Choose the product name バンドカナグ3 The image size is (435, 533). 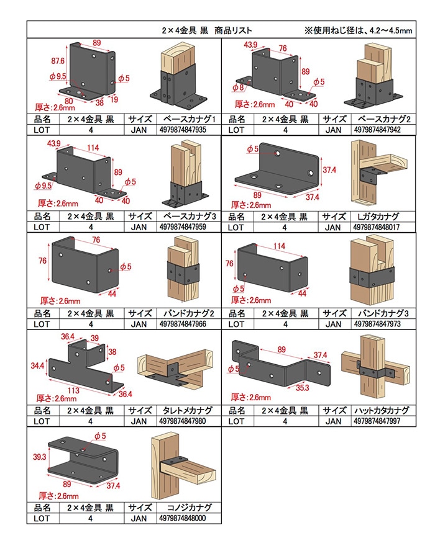(x=380, y=313)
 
